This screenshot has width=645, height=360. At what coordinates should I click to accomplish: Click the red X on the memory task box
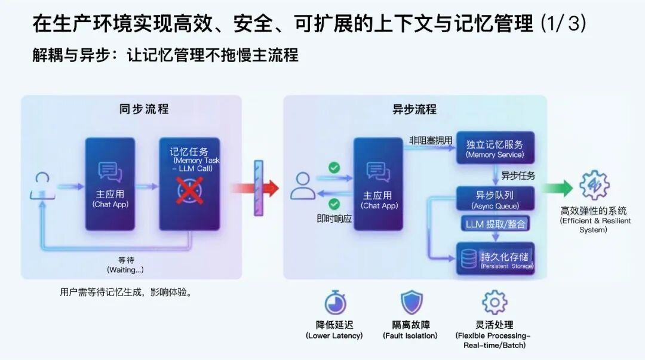pyautogui.click(x=189, y=190)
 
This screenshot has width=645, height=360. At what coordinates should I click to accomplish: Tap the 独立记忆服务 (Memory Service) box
pyautogui.click(x=495, y=149)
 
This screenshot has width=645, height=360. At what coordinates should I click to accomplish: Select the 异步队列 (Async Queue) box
pyautogui.click(x=495, y=199)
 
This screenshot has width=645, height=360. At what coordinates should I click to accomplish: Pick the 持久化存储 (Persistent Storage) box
pyautogui.click(x=495, y=259)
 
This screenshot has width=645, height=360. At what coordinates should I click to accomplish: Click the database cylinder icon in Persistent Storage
pyautogui.click(x=469, y=259)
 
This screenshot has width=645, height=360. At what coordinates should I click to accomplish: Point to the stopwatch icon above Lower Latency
pyautogui.click(x=335, y=303)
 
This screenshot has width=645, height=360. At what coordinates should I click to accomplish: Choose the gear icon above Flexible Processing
pyautogui.click(x=494, y=303)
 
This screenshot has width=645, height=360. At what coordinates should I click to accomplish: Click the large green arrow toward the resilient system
pyautogui.click(x=557, y=188)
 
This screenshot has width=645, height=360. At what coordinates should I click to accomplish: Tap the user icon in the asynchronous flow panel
pyautogui.click(x=303, y=186)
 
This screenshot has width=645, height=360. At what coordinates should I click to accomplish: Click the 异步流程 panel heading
pyautogui.click(x=414, y=109)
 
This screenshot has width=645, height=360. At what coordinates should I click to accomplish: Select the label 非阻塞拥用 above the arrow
pyautogui.click(x=431, y=141)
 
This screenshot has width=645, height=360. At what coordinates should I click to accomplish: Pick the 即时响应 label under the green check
pyautogui.click(x=334, y=219)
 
